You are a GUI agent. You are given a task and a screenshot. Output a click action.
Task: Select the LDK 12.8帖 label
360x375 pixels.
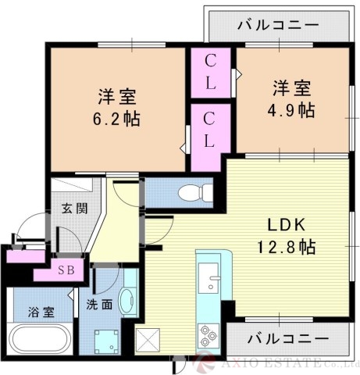tap(287, 235)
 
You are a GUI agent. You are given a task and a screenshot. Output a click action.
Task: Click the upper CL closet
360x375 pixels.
tap(211, 71)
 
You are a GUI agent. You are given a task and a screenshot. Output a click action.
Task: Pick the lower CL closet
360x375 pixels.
tap(211, 130)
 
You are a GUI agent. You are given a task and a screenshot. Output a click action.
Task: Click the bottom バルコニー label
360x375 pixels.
tap(287, 338)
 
